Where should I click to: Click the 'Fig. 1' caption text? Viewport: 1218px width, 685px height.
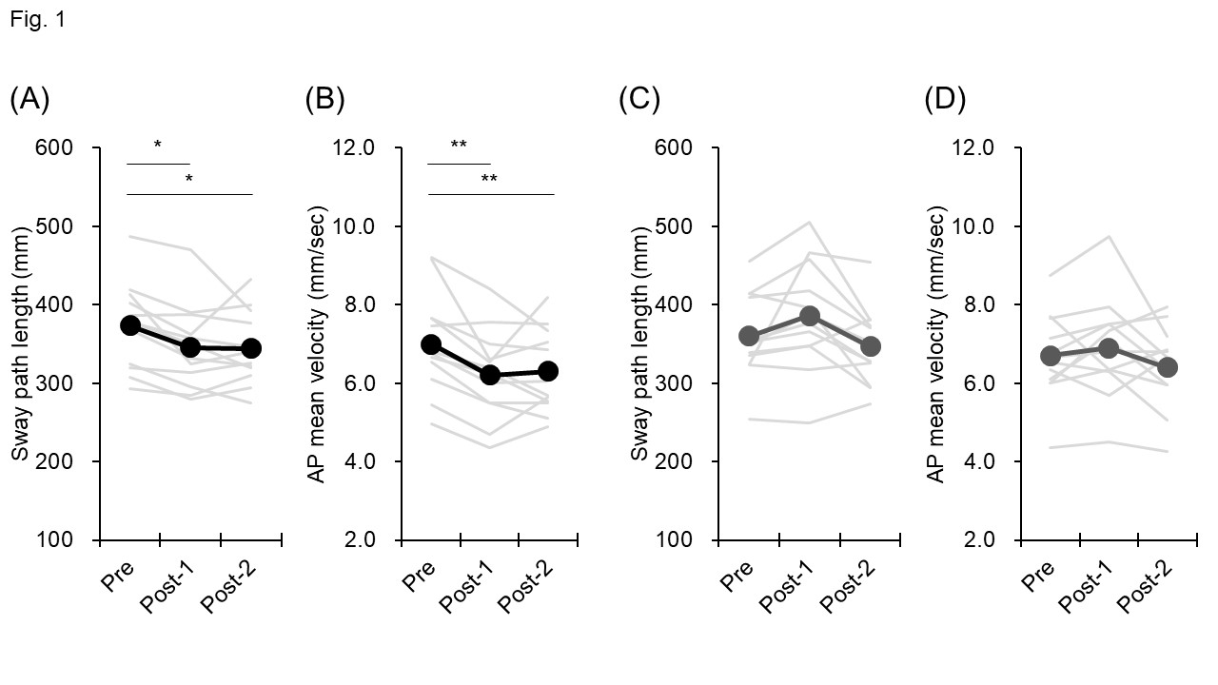pos(38,19)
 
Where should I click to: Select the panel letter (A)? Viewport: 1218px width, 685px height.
pos(29,99)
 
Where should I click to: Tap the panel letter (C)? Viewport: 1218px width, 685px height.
pos(638,99)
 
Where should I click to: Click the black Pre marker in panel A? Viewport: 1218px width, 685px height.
pos(130,325)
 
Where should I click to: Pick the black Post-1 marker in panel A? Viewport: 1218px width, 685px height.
pos(190,347)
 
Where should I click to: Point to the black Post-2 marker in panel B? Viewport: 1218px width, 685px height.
pos(548,371)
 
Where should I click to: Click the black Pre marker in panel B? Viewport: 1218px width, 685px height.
pos(430,344)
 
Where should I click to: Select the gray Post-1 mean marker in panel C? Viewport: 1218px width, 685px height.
pos(810,316)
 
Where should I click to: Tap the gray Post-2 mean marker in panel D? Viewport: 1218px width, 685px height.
pos(1168,367)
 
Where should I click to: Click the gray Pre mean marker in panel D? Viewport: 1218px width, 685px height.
pos(1051,356)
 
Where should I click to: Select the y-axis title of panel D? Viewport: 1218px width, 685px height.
pos(937,343)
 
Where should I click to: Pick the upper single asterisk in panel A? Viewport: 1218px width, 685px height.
pos(158,146)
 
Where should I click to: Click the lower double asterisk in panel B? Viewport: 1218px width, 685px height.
pos(489,178)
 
